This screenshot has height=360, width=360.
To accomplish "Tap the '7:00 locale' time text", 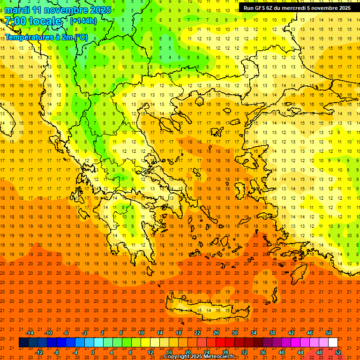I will (33, 21).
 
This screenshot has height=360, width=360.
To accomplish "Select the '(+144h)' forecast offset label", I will (83, 21).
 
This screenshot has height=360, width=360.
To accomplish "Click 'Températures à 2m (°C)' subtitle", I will (46, 37).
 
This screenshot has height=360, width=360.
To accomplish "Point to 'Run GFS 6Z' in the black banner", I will (261, 8).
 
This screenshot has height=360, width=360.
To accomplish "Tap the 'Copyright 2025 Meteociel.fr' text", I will (199, 357).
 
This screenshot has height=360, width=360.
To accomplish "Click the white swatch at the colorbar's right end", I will (333, 343).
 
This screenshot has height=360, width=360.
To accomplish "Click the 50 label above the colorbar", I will (329, 333).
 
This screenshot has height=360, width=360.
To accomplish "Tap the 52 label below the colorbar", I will (338, 352).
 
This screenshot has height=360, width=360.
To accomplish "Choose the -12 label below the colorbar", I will (39, 352).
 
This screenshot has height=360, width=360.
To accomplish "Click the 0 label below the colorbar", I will (93, 352).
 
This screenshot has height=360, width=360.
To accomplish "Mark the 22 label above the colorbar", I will (197, 333).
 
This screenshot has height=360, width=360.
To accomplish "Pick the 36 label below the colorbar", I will (263, 352).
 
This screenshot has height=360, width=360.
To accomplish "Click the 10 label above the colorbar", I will (141, 333).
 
